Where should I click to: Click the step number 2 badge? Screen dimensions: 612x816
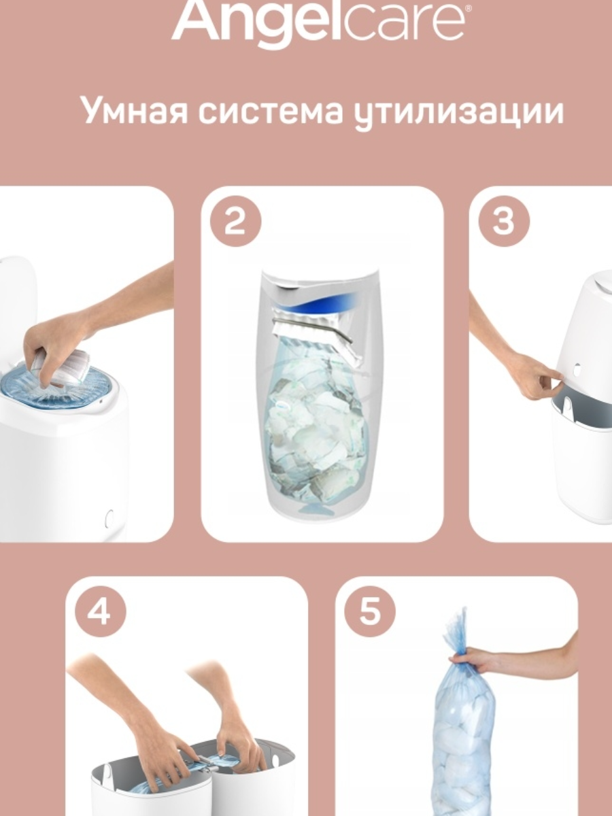click(235, 222)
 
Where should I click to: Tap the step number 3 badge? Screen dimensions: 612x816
click(504, 222)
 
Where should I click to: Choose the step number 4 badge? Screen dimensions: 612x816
click(100, 611)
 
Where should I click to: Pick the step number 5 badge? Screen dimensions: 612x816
click(369, 611)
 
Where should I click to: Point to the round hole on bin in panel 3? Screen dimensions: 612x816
click(578, 370)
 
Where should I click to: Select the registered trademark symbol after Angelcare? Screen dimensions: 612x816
click(469, 8)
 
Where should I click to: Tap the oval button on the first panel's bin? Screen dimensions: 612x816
click(109, 519)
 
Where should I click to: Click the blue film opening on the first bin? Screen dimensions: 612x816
click(56, 387)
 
